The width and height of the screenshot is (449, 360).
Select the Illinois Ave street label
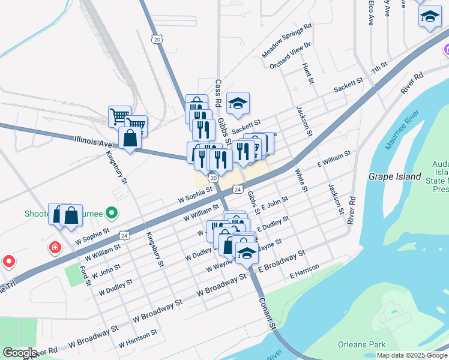(x=94, y=143)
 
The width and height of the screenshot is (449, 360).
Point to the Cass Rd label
(x=218, y=91)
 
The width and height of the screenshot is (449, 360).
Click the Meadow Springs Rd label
(x=287, y=41)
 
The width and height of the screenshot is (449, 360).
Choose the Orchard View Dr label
(x=290, y=55)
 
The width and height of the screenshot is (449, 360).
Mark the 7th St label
(x=379, y=67)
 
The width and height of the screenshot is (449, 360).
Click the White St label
(x=300, y=180)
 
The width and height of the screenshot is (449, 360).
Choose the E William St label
(x=334, y=160)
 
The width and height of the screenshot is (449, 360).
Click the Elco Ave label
(x=372, y=12)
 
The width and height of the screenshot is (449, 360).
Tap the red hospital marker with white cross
(x=55, y=247)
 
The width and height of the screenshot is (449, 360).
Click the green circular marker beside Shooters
(x=110, y=212)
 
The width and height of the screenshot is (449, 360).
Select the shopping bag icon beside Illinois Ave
(x=130, y=138)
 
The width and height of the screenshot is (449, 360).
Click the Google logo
(x=19, y=353)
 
